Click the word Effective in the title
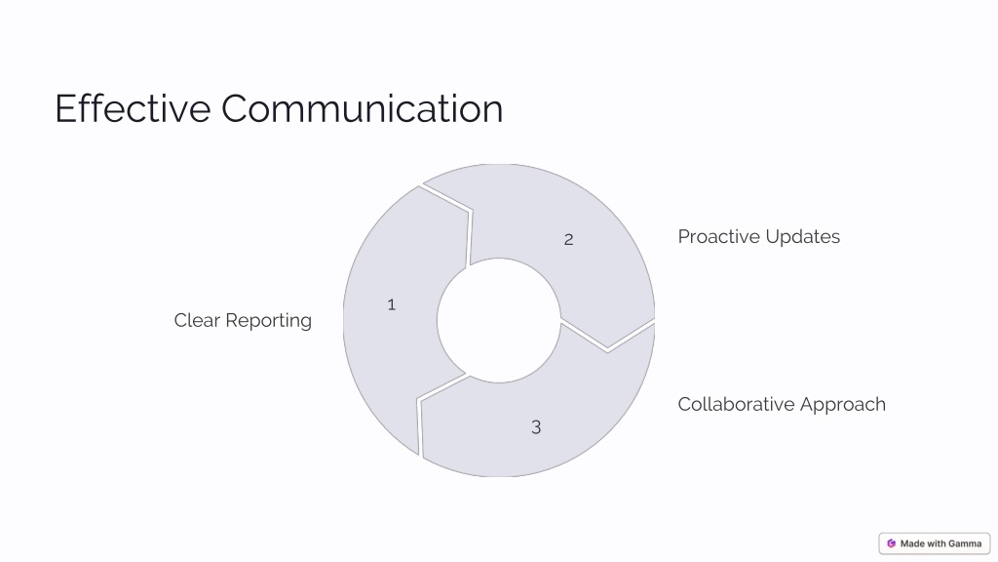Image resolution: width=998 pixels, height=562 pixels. click(133, 108)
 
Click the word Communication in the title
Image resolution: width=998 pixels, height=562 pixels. click(363, 108)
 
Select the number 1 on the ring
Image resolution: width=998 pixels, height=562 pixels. click(392, 305)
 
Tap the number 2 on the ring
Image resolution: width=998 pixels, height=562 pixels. click(568, 240)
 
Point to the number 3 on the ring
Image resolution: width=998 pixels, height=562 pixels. click(536, 427)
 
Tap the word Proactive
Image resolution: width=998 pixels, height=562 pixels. click(719, 236)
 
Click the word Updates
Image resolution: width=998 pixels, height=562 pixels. click(803, 237)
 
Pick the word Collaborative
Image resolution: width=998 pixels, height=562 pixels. click(737, 404)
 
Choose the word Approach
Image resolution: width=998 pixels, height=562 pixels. click(843, 405)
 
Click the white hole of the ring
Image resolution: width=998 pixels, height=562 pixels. click(499, 320)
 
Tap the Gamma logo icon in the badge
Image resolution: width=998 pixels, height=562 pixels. click(891, 543)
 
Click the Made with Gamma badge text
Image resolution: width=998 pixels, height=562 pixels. click(940, 543)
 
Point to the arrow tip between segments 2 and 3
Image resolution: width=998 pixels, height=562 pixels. click(608, 348)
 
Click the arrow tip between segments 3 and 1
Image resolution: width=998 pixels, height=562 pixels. click(420, 401)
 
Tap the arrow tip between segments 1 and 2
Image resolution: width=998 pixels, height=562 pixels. click(470, 209)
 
